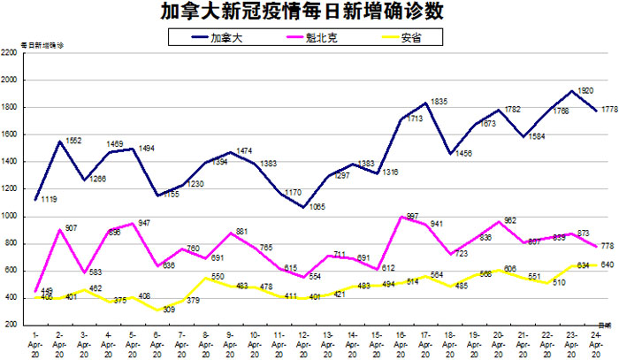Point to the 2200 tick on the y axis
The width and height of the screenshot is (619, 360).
[11, 53]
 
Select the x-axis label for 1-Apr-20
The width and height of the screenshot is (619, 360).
[34, 342]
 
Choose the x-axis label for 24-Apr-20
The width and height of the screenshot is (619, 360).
[600, 342]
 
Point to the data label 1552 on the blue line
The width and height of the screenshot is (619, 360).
[73, 142]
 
